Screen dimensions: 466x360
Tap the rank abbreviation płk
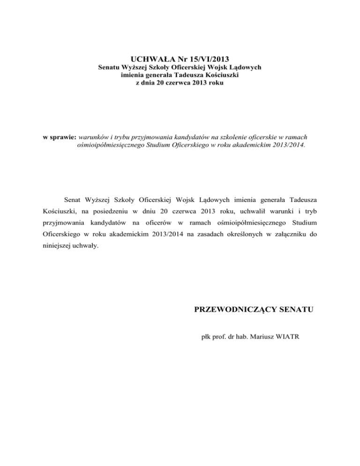205,336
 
